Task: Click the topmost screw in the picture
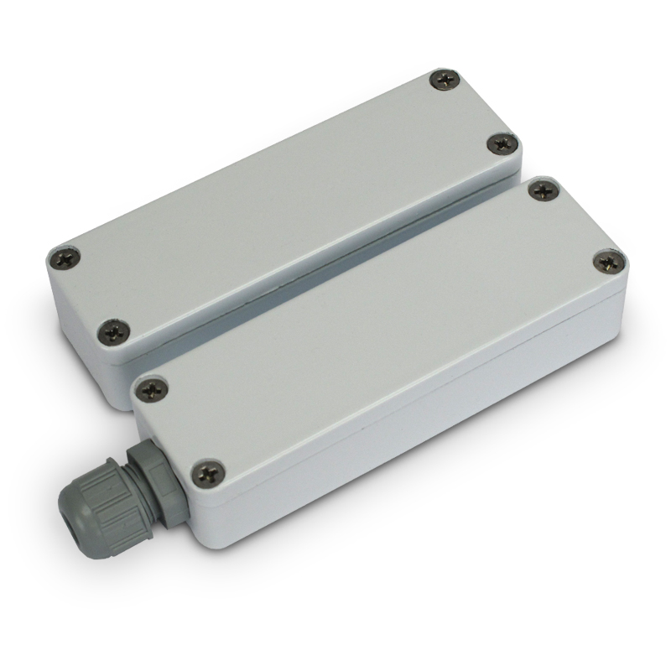[x=445, y=81]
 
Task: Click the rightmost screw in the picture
[x=608, y=261]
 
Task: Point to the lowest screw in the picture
[x=205, y=474]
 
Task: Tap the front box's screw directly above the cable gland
[x=152, y=388]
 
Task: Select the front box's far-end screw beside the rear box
[x=544, y=190]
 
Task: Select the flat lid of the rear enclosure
[x=285, y=201]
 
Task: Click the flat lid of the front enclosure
[x=377, y=327]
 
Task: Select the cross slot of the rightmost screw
[x=608, y=261]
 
